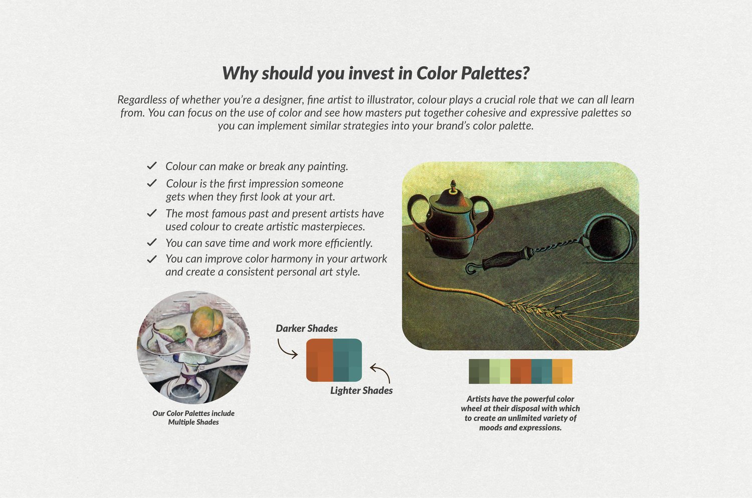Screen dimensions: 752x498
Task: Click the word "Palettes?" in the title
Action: (495, 73)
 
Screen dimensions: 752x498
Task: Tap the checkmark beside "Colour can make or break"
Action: (152, 165)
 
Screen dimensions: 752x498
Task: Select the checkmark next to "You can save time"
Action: (152, 242)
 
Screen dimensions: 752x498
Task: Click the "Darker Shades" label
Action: (306, 328)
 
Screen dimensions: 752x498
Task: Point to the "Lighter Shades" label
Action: (361, 390)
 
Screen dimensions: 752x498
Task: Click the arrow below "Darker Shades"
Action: (286, 349)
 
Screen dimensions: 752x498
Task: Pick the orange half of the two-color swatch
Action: (320, 360)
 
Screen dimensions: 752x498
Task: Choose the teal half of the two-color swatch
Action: (347, 360)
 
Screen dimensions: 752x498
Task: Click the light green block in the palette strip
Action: (500, 371)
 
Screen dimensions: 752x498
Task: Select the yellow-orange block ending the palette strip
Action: (562, 371)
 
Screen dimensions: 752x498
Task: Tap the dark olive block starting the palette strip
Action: (479, 371)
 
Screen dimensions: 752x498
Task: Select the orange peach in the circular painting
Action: (207, 322)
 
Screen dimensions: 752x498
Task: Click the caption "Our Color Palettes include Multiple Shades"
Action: (194, 417)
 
